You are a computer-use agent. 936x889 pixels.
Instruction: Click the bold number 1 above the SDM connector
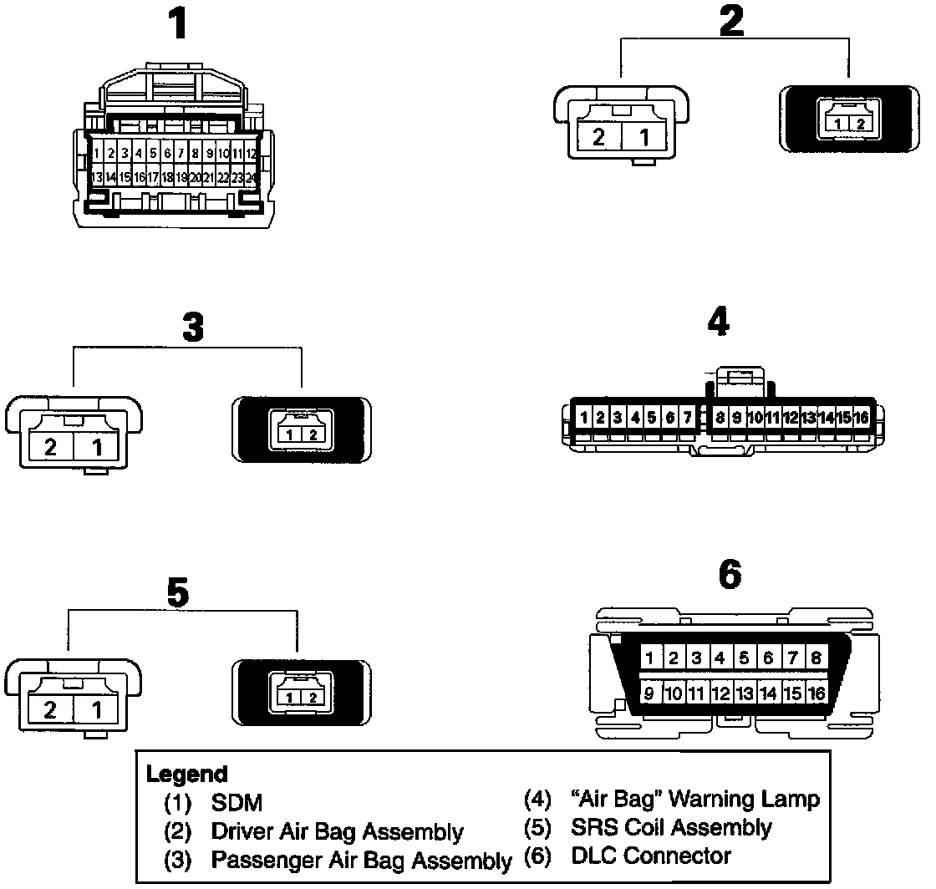pos(177,25)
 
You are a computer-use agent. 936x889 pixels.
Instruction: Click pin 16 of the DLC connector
pos(816,693)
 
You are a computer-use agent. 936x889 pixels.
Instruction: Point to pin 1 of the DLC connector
pos(650,658)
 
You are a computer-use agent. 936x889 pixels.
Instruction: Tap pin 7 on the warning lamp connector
pos(687,416)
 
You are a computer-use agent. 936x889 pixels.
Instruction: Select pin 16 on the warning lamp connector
pos(862,416)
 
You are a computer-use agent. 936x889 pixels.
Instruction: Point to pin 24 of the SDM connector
pos(252,177)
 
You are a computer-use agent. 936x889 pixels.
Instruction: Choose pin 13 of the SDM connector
pos(97,177)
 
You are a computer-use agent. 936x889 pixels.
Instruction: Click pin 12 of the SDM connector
pos(252,154)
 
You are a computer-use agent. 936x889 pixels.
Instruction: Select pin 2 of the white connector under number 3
pos(51,447)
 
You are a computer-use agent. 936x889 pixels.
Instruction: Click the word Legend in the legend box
pos(186,774)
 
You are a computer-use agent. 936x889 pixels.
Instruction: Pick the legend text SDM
pos(237,804)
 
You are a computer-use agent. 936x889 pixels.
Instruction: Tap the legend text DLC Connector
pos(651,856)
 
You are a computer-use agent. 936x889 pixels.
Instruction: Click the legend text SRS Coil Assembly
pos(671,828)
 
